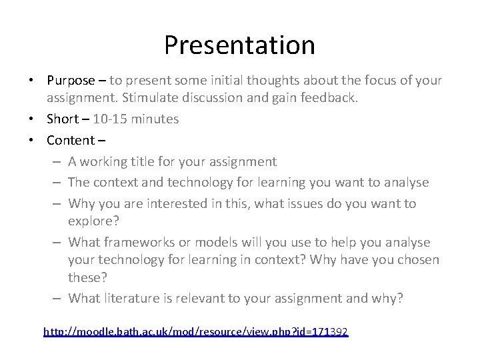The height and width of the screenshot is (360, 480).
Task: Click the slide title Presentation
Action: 239,45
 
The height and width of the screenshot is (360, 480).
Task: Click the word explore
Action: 89,221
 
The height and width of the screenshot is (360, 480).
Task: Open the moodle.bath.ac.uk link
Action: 195,331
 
